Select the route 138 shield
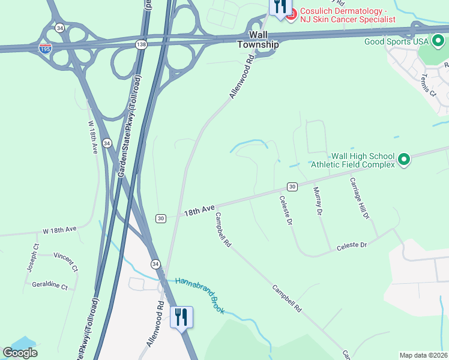coord(141,44)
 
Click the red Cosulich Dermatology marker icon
coord(291,14)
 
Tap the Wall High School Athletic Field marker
coord(404,159)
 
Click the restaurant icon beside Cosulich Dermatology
coord(279,8)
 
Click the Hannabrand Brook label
coord(199,295)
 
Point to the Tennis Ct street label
coord(429,85)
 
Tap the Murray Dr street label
coord(318,201)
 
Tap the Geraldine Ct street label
coord(50,286)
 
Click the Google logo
coord(20,353)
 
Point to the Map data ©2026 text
coord(424,355)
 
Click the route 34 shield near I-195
coord(59,28)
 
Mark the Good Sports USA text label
coord(396,41)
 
